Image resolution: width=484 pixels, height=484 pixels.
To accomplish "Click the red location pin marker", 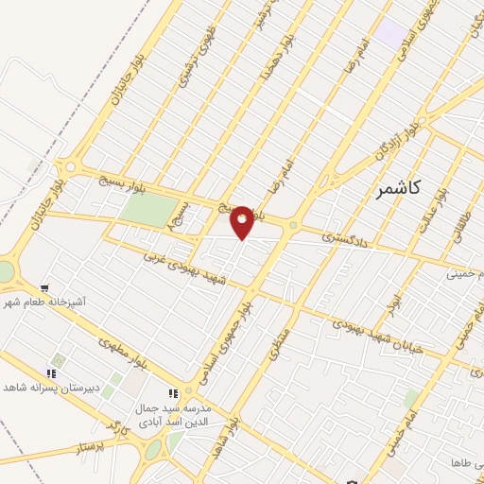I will coord(242,221).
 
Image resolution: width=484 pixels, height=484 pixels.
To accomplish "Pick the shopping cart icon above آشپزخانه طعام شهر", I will coord(43,287).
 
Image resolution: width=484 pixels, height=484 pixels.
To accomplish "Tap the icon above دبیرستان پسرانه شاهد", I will coord(53,372).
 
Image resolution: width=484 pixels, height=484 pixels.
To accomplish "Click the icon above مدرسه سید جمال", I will coord(172,392).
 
